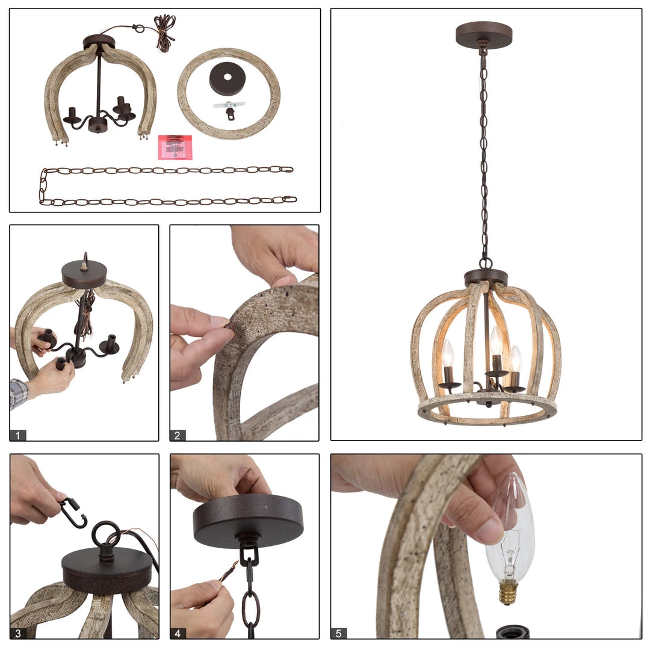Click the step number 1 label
tap(18, 435)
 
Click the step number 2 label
tap(178, 435)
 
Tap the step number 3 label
tap(18, 633)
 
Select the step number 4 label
tap(178, 633)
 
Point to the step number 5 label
tap(339, 633)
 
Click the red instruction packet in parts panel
tap(175, 147)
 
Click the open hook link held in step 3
tap(73, 513)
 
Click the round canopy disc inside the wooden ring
tap(229, 79)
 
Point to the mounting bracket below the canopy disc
tap(229, 108)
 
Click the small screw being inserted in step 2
tap(229, 326)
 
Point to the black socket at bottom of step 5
tap(512, 632)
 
